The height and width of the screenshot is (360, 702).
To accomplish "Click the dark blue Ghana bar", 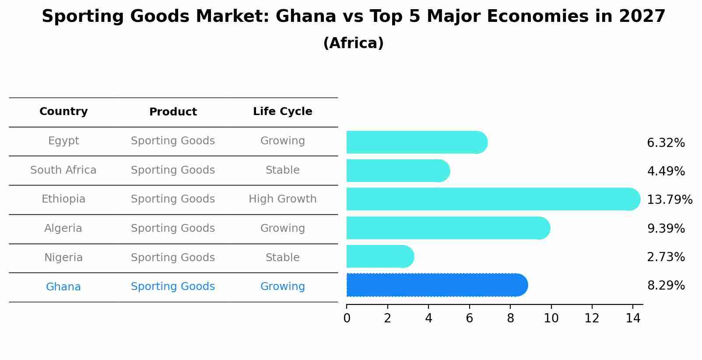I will pos(437,285).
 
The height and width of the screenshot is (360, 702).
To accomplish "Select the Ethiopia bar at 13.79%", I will pos(493,199).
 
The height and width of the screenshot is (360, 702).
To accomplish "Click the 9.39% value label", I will pos(666,228).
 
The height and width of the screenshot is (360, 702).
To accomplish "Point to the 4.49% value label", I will pos(666,171).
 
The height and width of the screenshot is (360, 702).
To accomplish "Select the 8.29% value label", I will pos(666,286).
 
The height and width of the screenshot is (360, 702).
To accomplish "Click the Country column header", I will pos(63,112).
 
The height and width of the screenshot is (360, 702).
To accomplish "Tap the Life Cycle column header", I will pos(282,112).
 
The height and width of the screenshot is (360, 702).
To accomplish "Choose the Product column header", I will pos(173,112).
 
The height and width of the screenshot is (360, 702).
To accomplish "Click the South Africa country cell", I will pos(63,170).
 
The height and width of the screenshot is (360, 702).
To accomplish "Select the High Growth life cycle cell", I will pos(282,199).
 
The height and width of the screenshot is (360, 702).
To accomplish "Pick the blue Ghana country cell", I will pos(63,287).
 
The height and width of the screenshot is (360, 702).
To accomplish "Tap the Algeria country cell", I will pos(63,228).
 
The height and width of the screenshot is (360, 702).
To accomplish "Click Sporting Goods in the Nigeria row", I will pos(173,258).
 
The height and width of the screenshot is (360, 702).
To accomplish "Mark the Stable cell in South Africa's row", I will pos(282,170).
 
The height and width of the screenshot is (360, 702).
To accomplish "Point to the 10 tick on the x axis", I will pos(551,318).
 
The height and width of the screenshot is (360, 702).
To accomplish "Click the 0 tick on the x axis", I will pos(347,318).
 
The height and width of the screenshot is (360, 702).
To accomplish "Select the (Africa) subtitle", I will pos(353,43).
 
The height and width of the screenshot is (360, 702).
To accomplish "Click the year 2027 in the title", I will pos(642,17).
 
